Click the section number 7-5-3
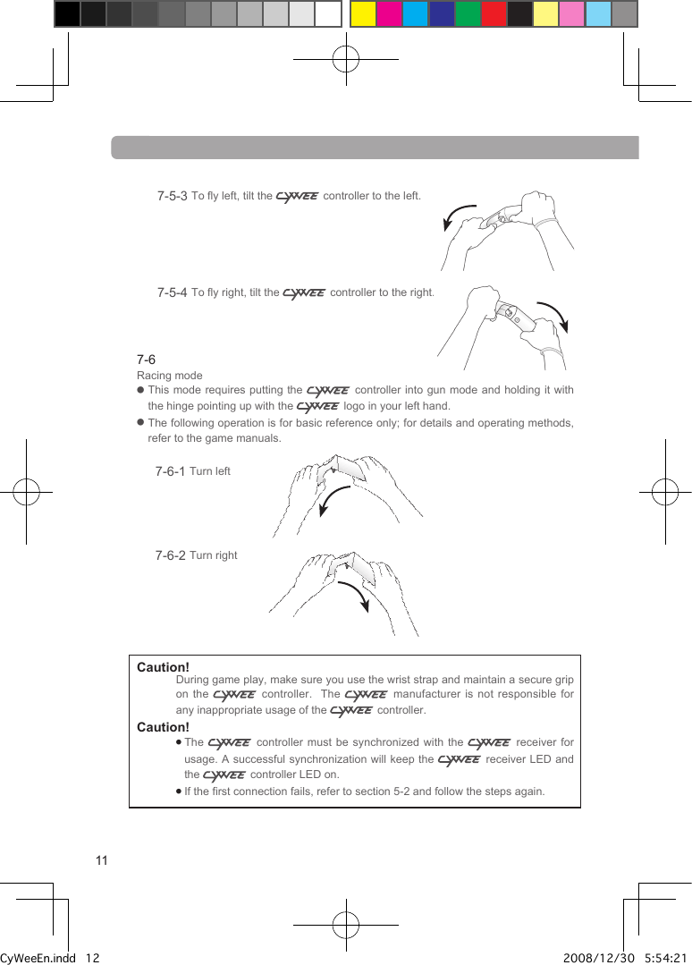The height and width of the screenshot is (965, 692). pos(172,196)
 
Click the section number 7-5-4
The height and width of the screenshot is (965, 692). pos(172,292)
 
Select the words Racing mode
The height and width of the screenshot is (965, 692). pos(169,376)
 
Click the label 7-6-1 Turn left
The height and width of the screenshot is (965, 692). pos(192,471)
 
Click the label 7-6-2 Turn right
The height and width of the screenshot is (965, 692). pos(196,555)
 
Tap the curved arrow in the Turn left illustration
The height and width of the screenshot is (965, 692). pos(333,501)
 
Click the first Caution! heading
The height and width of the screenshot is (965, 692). pos(163,668)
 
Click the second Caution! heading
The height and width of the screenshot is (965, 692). pos(163,727)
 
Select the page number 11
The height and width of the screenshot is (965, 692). pos(101,860)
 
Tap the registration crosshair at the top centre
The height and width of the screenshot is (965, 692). pos(345,60)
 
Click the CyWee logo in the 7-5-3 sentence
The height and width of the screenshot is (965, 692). pos(297,197)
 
